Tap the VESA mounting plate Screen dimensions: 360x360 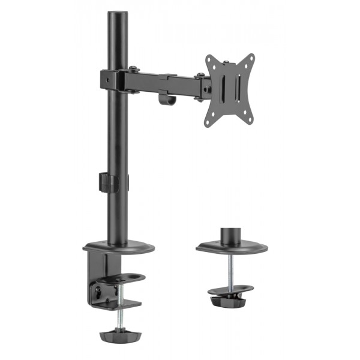pos(230,90)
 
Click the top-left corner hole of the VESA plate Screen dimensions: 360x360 pos(209,59)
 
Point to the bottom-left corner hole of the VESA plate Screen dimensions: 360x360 pos(209,122)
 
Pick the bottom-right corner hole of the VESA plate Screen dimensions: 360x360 pos(248,120)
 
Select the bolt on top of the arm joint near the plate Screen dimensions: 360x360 pos(200,76)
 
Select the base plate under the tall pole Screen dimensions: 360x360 pos(119,247)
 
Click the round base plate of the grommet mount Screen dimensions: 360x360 pos(232,247)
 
